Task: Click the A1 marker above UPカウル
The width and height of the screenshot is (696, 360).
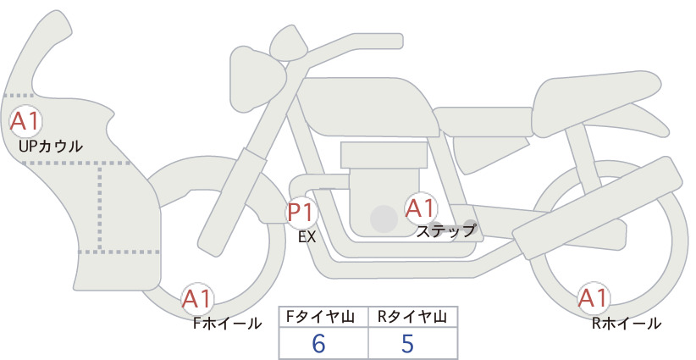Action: pyautogui.click(x=25, y=122)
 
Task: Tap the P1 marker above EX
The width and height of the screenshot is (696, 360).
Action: pyautogui.click(x=301, y=212)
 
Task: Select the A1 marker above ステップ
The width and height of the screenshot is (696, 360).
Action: pyautogui.click(x=420, y=208)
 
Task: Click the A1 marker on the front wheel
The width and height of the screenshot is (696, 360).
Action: pyautogui.click(x=197, y=299)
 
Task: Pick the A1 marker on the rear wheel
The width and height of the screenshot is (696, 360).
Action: pyautogui.click(x=593, y=298)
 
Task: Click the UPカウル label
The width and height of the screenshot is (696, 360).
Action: pyautogui.click(x=51, y=146)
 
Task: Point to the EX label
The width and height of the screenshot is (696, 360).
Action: pyautogui.click(x=307, y=237)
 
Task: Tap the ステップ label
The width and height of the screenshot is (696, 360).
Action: pyautogui.click(x=445, y=231)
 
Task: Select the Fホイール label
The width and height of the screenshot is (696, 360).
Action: pyautogui.click(x=227, y=324)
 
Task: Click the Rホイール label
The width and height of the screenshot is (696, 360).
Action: pyautogui.click(x=627, y=324)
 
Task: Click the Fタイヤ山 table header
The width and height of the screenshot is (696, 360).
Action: pyautogui.click(x=320, y=317)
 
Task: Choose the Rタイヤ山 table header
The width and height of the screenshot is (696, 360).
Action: pyautogui.click(x=412, y=317)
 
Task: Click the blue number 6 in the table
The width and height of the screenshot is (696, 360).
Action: pyautogui.click(x=318, y=343)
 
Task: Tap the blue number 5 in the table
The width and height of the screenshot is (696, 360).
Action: pyautogui.click(x=407, y=343)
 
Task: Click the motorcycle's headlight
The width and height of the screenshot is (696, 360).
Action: pyautogui.click(x=257, y=80)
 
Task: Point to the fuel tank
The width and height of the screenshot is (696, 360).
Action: pyautogui.click(x=369, y=108)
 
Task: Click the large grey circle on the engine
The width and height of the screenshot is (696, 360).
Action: pyautogui.click(x=384, y=219)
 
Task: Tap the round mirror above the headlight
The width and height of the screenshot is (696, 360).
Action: pyautogui.click(x=289, y=44)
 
